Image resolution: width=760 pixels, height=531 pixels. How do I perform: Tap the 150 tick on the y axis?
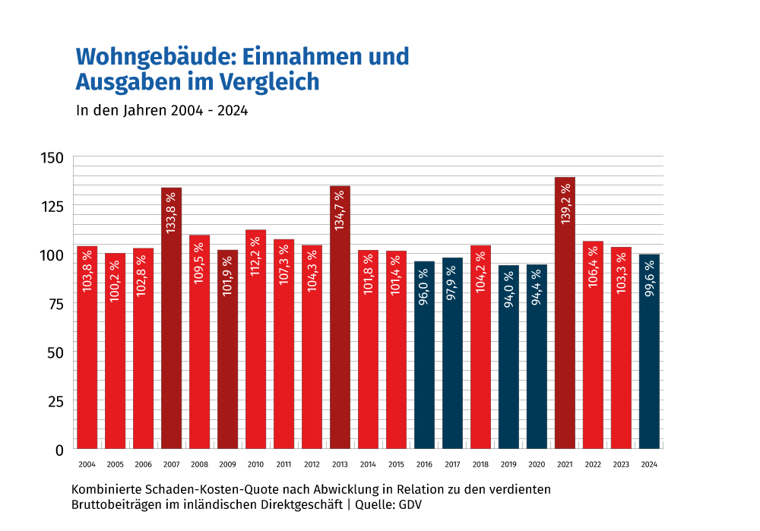click(x=52, y=157)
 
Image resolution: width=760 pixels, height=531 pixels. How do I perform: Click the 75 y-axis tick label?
click(x=55, y=303)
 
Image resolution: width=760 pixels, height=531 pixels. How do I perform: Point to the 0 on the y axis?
click(x=59, y=450)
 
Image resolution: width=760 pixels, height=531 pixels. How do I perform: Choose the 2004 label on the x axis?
click(x=87, y=464)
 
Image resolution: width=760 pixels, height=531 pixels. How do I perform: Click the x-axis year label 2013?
click(x=340, y=464)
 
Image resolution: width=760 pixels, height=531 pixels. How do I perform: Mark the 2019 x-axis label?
click(x=508, y=464)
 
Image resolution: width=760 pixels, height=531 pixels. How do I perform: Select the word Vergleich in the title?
click(x=269, y=81)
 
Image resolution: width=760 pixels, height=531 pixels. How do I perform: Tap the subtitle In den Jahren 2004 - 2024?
click(x=163, y=110)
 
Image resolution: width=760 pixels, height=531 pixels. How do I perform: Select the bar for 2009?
click(x=227, y=349)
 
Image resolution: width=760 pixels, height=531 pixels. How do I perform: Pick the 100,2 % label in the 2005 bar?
click(x=115, y=281)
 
